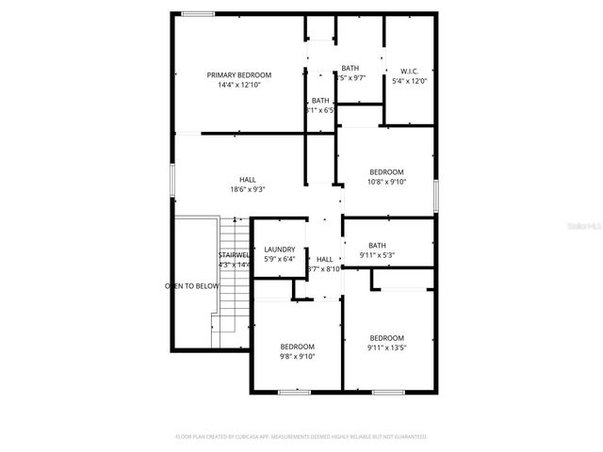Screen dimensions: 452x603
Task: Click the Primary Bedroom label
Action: pyautogui.click(x=239, y=75)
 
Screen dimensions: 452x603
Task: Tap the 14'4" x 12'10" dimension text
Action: pyautogui.click(x=239, y=85)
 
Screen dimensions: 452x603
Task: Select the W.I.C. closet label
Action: pyautogui.click(x=409, y=72)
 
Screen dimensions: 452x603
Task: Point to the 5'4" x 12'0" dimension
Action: pyautogui.click(x=409, y=81)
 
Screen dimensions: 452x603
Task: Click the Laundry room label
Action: pyautogui.click(x=280, y=250)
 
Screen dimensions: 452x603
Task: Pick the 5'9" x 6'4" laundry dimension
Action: pyautogui.click(x=280, y=259)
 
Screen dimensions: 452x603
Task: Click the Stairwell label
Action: pyautogui.click(x=235, y=255)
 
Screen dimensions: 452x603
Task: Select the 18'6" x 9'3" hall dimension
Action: pyautogui.click(x=248, y=189)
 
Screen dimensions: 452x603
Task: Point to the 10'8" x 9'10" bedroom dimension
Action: pyautogui.click(x=386, y=182)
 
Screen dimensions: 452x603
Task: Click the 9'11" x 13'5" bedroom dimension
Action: pyautogui.click(x=386, y=347)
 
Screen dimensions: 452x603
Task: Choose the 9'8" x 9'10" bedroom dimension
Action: pyautogui.click(x=297, y=356)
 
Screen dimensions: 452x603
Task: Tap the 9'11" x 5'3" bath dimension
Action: pyautogui.click(x=377, y=255)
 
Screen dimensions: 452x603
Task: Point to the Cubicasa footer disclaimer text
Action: pyautogui.click(x=301, y=437)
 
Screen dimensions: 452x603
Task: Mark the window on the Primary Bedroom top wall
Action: pyautogui.click(x=196, y=13)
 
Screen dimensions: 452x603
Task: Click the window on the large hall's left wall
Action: pyautogui.click(x=171, y=183)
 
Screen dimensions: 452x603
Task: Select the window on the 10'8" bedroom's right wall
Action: pyautogui.click(x=436, y=193)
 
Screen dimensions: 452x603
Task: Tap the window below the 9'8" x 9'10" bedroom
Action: pyautogui.click(x=295, y=392)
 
